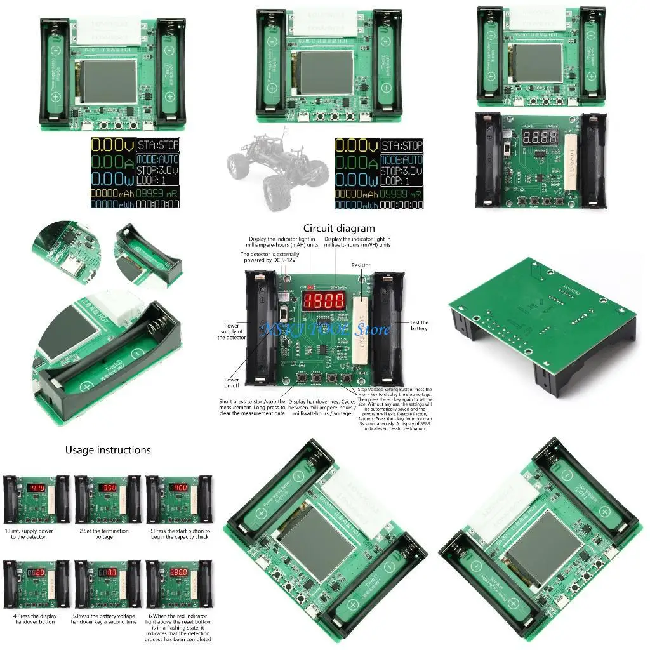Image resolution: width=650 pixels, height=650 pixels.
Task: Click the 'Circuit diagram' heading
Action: (339, 229)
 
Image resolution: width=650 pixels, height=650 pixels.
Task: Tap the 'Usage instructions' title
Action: (108, 450)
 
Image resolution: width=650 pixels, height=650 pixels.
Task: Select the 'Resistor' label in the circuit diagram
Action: (361, 265)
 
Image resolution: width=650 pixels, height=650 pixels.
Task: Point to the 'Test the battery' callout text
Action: (419, 326)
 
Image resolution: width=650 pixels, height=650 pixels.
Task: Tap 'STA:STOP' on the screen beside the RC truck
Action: (404, 146)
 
